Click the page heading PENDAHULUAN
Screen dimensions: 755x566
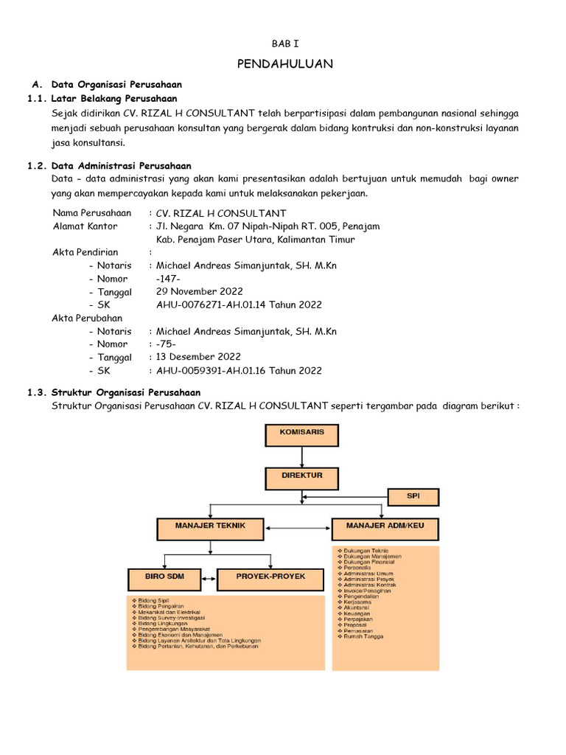coord(284,64)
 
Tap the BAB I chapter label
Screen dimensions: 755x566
coord(284,44)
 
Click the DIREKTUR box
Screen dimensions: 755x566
coord(301,477)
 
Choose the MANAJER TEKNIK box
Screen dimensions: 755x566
coord(210,527)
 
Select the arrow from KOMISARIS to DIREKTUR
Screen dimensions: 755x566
coord(302,456)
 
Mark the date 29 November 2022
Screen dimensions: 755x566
coord(199,291)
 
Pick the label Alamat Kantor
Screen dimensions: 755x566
coord(85,226)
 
